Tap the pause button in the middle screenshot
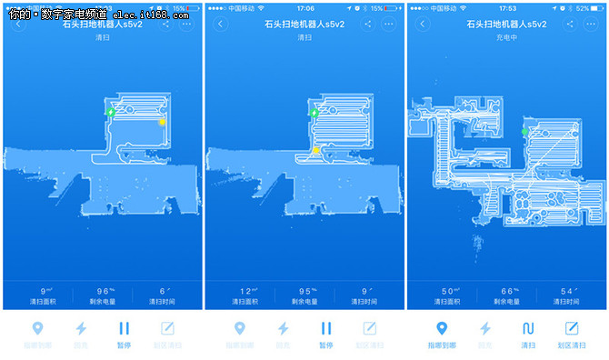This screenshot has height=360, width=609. [325, 329]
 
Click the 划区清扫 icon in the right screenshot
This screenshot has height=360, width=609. [572, 329]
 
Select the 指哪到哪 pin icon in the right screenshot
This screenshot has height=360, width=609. [441, 329]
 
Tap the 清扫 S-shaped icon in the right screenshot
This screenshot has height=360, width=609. [528, 329]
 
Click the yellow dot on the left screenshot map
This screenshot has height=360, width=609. [163, 122]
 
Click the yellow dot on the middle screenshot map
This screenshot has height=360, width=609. [315, 150]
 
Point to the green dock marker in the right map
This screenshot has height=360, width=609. [524, 133]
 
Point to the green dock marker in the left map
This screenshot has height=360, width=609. [110, 112]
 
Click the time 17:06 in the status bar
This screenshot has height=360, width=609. [304, 8]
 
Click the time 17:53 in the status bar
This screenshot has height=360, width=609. [507, 8]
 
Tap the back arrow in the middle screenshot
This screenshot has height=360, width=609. [219, 24]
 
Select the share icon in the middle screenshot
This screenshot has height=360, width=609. [368, 24]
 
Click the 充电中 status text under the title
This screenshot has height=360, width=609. [507, 38]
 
